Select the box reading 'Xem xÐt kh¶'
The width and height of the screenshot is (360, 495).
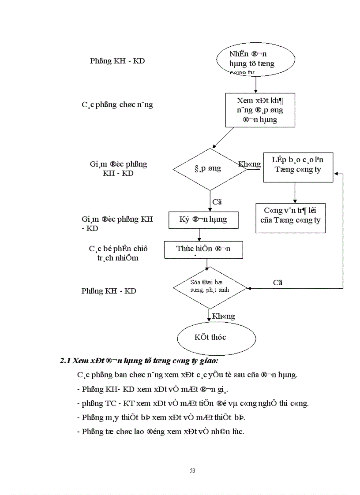point(260,110)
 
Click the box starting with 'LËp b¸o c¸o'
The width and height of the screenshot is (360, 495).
point(298,167)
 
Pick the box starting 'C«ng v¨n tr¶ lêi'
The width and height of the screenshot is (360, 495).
point(291,218)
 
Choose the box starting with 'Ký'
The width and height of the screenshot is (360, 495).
point(203,220)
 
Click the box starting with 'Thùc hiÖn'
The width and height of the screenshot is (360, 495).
point(203,249)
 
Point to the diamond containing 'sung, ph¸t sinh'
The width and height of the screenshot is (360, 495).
point(210,288)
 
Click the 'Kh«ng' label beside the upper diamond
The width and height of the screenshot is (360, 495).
point(249,164)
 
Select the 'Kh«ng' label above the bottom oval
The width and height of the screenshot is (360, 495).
point(224,316)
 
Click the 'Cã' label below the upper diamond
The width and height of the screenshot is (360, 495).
point(217,202)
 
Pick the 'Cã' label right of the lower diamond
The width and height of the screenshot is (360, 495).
point(277,283)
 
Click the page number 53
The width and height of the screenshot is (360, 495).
point(192,470)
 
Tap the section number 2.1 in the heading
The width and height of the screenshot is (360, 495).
point(65,361)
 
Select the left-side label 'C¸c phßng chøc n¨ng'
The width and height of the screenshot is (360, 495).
point(117,105)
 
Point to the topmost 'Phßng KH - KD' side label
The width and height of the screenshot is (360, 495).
point(117,61)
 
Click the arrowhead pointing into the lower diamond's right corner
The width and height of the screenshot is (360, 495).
point(250,289)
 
